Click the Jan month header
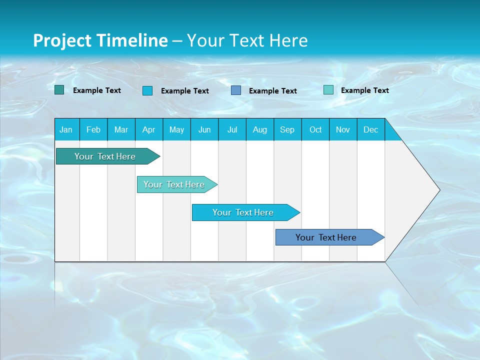(66, 129)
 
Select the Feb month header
(93, 129)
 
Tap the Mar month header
(121, 129)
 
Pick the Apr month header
(149, 129)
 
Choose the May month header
(176, 129)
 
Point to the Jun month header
(204, 129)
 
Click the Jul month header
(232, 129)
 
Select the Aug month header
(260, 129)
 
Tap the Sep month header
(287, 129)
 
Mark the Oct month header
(315, 129)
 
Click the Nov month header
(343, 129)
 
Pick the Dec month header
(371, 129)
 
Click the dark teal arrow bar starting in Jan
(105, 156)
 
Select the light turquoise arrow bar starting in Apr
(174, 184)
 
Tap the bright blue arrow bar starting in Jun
(243, 212)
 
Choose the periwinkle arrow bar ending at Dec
(326, 237)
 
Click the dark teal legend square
(59, 90)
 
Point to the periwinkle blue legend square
(236, 90)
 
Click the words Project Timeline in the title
(100, 40)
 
